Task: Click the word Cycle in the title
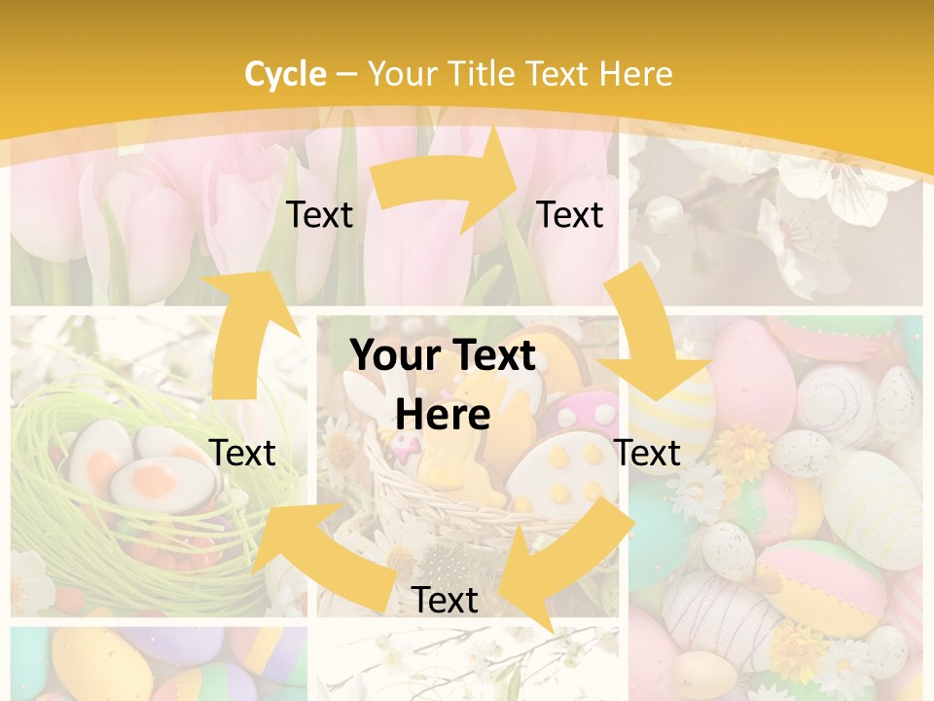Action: click(x=285, y=74)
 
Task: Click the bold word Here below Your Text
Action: click(x=443, y=415)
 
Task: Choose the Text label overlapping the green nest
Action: click(x=242, y=453)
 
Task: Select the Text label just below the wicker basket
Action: click(x=445, y=600)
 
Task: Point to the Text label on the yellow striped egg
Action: click(x=647, y=453)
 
